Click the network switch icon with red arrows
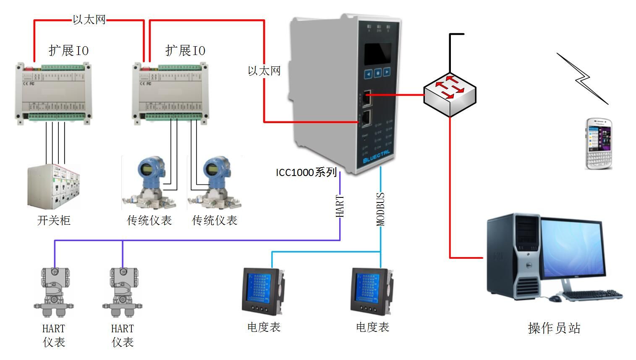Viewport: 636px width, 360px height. coord(450,94)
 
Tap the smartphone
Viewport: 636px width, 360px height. coord(599,143)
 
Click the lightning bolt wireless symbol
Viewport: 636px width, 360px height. coord(582,79)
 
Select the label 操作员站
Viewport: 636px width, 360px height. coord(554,328)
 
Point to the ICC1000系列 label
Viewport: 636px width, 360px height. coord(306,172)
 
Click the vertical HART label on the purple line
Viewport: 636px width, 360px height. coord(340,206)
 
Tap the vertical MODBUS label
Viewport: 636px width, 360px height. coord(380,209)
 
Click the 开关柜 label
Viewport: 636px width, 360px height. coord(54,220)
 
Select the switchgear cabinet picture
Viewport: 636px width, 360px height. coord(54,187)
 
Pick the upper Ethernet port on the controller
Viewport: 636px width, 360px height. coord(366,97)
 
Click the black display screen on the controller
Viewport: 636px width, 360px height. coord(377,54)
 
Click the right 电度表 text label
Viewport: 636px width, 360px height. coord(372,327)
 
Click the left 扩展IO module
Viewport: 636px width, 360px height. coord(54,92)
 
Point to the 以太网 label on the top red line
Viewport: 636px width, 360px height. coord(89,20)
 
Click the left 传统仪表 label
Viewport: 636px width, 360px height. coord(149,220)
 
